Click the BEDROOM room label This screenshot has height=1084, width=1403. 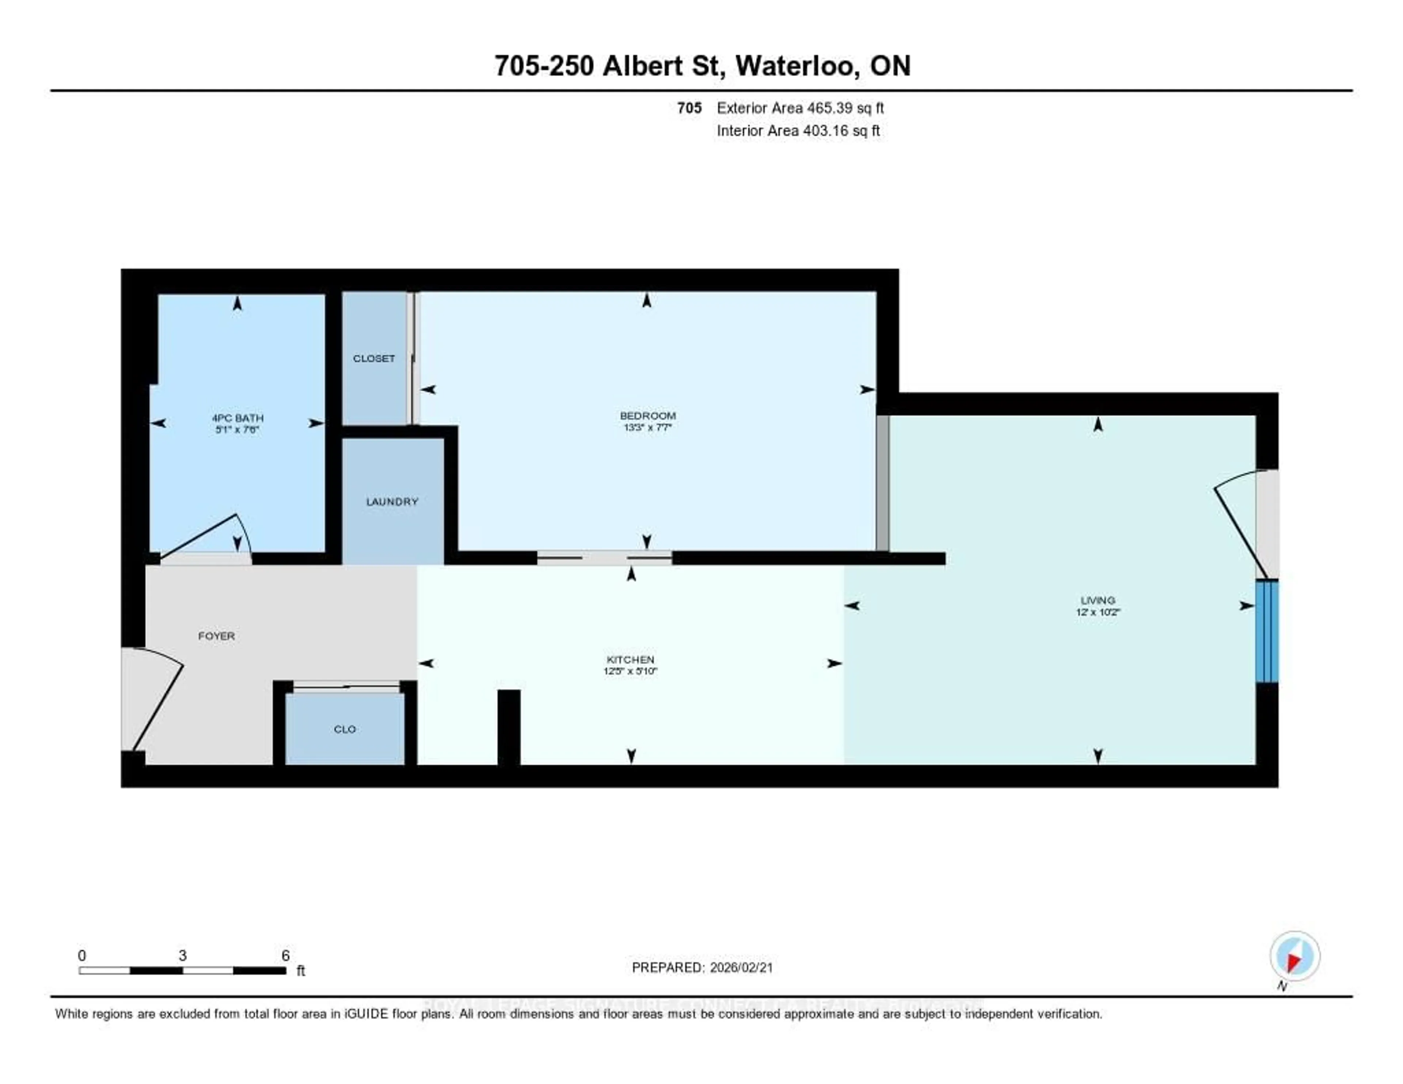[647, 416]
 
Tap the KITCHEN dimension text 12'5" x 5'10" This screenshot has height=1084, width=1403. [630, 671]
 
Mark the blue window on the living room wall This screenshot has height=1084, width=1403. [1267, 631]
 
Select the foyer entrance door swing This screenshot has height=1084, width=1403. [154, 700]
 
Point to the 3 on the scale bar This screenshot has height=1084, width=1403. [182, 955]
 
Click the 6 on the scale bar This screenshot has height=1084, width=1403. [285, 955]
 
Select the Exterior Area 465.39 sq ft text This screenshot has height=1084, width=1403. [800, 108]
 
